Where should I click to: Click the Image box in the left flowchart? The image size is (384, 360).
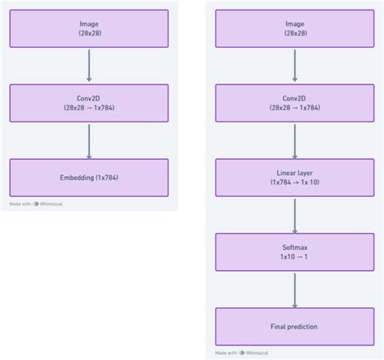pos(89,28)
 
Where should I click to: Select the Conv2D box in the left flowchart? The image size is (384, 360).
pos(89,103)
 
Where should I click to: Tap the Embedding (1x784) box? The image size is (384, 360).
pos(89,177)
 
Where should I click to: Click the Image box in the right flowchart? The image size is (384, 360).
pos(294,28)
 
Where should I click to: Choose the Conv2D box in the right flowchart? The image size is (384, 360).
pos(294,103)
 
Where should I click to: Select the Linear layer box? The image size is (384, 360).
pos(294,178)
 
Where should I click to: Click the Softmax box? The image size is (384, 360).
pos(294,252)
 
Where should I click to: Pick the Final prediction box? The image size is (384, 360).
pos(294,326)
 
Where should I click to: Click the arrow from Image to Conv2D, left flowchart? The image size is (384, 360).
pos(89,66)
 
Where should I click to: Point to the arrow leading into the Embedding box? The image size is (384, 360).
pos(89,140)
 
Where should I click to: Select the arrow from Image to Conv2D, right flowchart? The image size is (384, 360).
pos(294,66)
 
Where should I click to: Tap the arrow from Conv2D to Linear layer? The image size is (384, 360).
pos(294,140)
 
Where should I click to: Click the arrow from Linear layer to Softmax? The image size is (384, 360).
pos(294,215)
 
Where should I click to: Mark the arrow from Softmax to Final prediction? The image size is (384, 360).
pos(294,289)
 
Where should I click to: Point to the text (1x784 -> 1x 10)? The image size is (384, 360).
pos(294,182)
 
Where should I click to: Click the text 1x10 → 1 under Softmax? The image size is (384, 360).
pos(294,257)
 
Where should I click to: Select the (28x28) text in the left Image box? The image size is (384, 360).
pos(89,34)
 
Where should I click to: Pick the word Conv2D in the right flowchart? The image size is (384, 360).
pos(294,97)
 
